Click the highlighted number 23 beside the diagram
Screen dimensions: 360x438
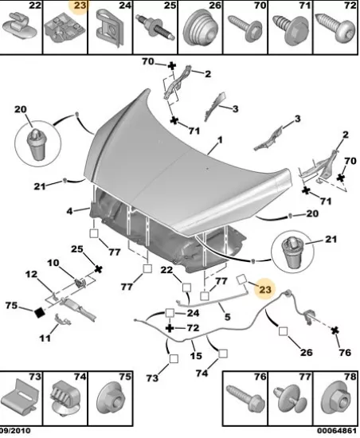(x=265, y=289)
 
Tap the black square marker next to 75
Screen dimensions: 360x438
(x=40, y=312)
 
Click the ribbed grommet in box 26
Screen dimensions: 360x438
(x=200, y=27)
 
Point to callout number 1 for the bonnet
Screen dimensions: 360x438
(x=220, y=140)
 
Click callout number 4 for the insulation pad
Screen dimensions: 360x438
(x=69, y=211)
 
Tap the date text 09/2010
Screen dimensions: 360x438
(x=15, y=431)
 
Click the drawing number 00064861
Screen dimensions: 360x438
(x=337, y=431)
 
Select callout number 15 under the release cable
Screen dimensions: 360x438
(x=196, y=356)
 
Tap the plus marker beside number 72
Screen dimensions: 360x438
(x=170, y=327)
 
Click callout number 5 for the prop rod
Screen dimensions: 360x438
(x=227, y=317)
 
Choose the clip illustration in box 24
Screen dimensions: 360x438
(x=110, y=27)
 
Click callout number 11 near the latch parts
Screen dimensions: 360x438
(x=45, y=338)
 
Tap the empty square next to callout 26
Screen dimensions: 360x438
(x=283, y=331)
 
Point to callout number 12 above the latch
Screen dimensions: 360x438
(x=31, y=274)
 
